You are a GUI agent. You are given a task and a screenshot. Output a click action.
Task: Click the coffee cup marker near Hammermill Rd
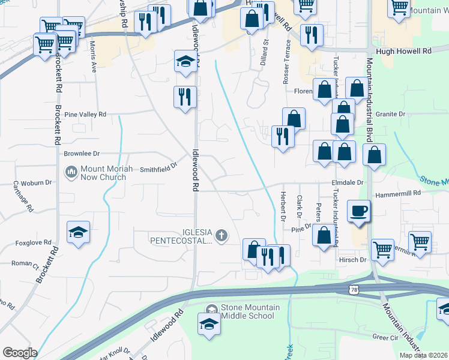[359, 211]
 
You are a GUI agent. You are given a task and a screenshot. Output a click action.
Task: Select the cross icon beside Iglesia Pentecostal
[221, 235]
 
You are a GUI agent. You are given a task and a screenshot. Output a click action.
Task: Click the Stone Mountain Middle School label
[250, 312]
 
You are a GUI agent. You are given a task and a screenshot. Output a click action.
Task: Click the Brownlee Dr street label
[82, 154]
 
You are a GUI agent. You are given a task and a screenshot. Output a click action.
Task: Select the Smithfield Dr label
[159, 167]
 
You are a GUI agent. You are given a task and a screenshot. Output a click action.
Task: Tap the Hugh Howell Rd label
[403, 52]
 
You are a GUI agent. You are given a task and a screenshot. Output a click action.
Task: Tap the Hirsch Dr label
[354, 259]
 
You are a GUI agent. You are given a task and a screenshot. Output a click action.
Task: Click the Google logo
[20, 353]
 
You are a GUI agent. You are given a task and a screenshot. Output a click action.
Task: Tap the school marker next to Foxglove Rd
[78, 233]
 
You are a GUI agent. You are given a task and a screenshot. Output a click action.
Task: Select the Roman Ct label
[25, 263]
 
